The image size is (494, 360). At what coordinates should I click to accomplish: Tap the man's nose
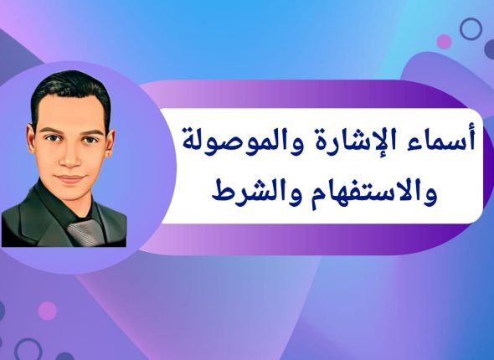pyautogui.click(x=70, y=159)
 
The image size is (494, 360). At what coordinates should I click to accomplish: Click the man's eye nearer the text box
pyautogui.click(x=89, y=139)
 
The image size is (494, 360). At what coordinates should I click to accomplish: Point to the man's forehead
pyautogui.click(x=72, y=113)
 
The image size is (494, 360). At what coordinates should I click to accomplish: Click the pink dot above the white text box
pyautogui.click(x=445, y=41)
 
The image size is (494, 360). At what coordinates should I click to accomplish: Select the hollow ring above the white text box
pyautogui.click(x=471, y=29)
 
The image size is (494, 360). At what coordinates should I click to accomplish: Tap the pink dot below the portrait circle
pyautogui.click(x=48, y=311)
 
